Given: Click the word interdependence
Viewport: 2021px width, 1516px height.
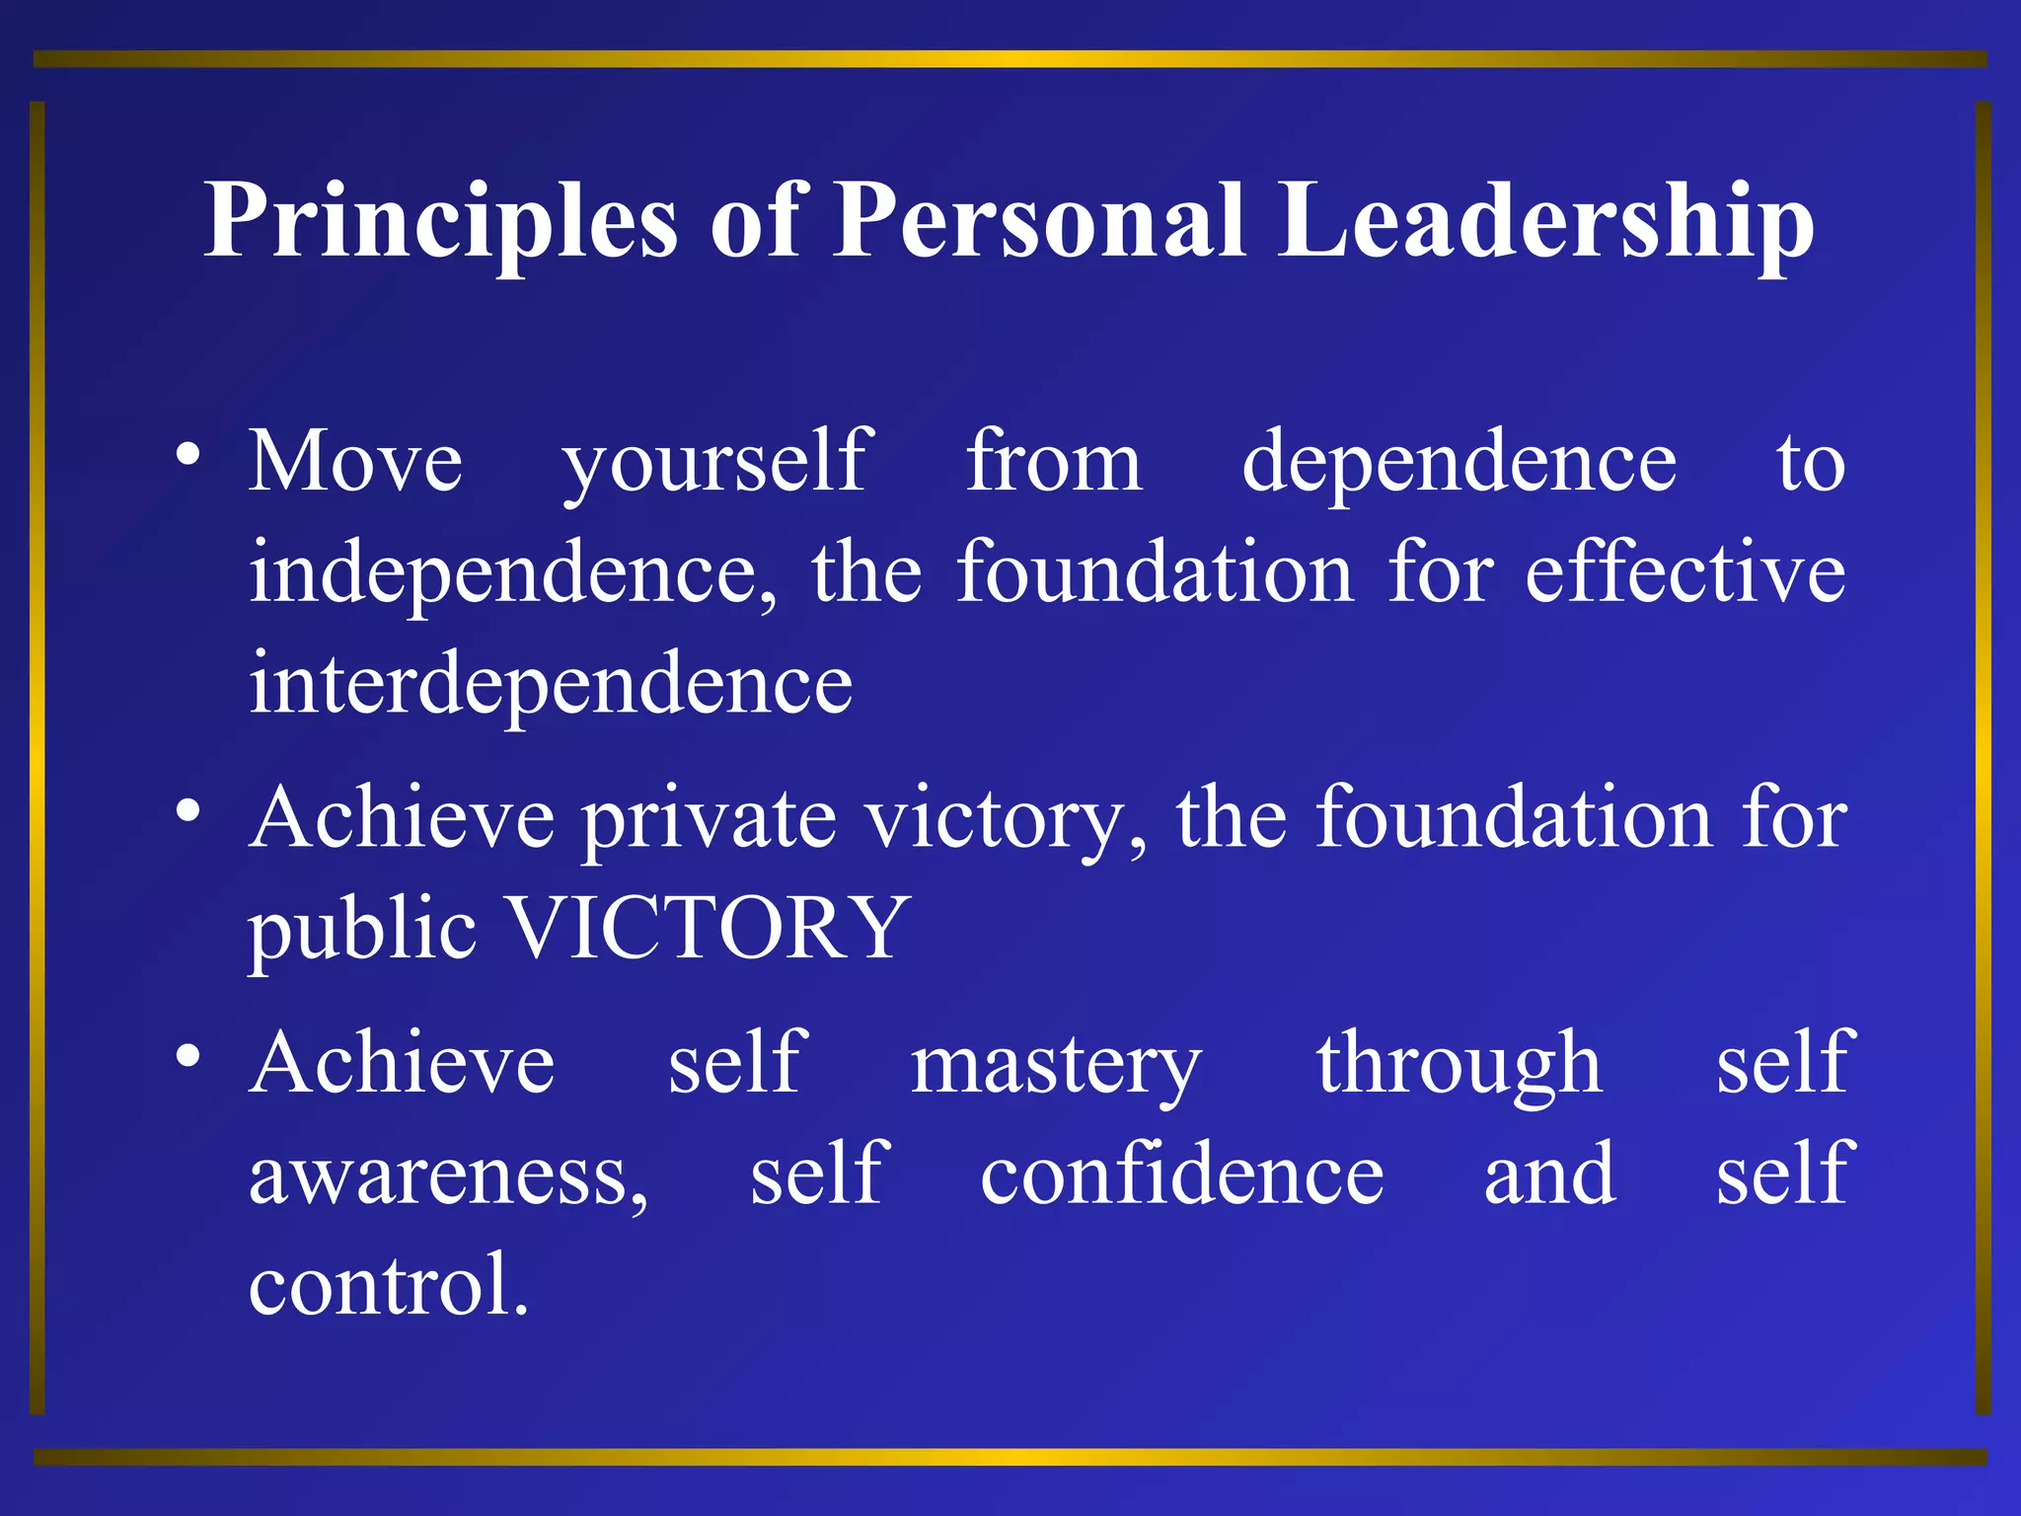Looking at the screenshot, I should click(x=551, y=685).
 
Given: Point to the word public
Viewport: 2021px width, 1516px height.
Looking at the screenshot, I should click(x=362, y=930).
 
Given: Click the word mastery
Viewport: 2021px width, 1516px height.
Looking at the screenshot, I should click(x=1056, y=1066).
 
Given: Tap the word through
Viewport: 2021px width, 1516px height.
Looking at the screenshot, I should click(x=1459, y=1066).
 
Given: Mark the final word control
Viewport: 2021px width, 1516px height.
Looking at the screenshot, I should click(x=387, y=1285).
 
